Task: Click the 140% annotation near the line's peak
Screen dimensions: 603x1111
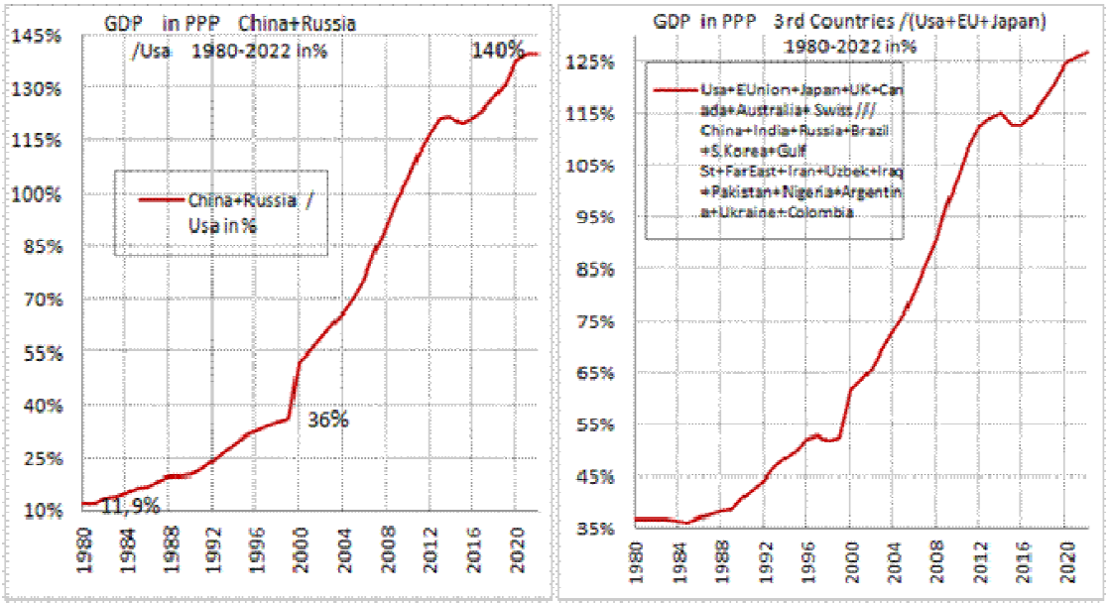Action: pos(497,49)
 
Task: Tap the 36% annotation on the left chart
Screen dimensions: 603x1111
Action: pos(327,420)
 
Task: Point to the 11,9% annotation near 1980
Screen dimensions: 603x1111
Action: pos(132,506)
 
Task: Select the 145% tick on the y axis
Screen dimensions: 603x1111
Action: pos(38,37)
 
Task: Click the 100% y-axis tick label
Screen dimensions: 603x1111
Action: pos(38,193)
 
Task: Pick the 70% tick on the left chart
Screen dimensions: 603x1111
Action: pos(41,300)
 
